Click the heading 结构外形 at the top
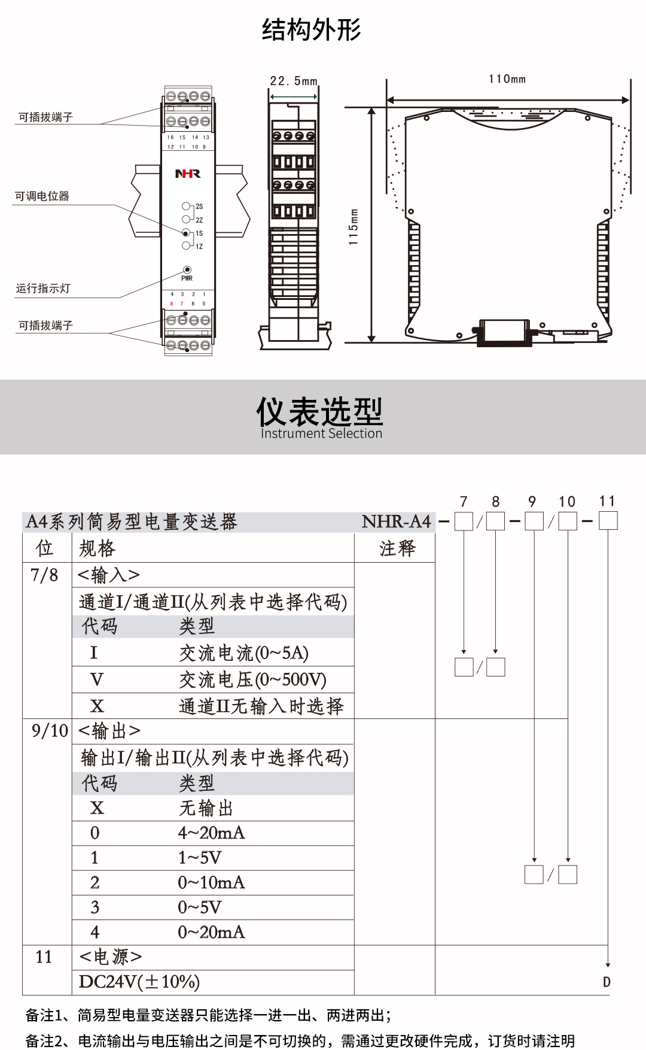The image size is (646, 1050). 311,30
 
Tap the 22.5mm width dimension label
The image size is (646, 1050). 293,81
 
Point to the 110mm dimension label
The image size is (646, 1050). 507,79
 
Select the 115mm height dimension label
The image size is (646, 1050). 354,227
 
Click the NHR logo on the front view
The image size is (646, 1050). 187,174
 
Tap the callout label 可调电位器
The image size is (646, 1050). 42,196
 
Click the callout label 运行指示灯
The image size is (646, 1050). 43,289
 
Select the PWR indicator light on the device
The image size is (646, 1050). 187,270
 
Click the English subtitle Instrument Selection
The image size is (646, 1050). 321,433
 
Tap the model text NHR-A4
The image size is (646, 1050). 396,521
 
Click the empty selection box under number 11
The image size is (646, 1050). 608,521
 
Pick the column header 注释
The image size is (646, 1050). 397,548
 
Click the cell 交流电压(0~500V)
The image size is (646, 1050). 252,679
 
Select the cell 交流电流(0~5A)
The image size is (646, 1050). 243,653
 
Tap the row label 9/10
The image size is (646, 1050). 50,731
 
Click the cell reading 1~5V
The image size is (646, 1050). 200,858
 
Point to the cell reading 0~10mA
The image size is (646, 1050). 211,882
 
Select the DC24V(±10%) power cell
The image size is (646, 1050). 139,982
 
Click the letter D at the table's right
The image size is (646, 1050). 607,982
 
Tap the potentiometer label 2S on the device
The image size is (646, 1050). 199,207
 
